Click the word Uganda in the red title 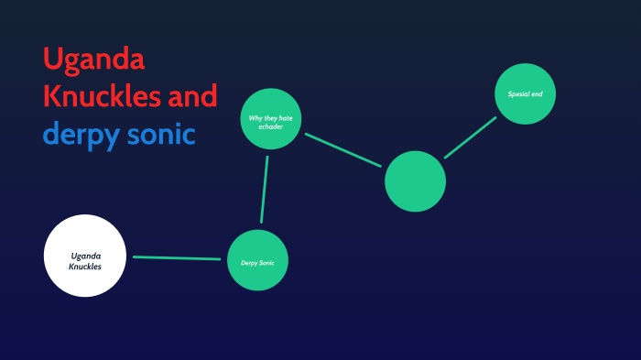coord(93,60)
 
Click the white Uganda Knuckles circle coord(84,256)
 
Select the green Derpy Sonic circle coord(257,261)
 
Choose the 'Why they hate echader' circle coord(271,118)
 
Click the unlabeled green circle coord(415,180)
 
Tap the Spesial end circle coord(526,94)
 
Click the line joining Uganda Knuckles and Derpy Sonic coord(178,258)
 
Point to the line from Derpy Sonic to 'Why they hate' coord(264,190)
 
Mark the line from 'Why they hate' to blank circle coord(342,150)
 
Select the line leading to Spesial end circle coord(470,137)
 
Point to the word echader coord(270,126)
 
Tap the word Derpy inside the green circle coord(249,263)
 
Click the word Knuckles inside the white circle coord(84,267)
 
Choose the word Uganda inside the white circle coord(85,256)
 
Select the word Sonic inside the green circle coord(266,263)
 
